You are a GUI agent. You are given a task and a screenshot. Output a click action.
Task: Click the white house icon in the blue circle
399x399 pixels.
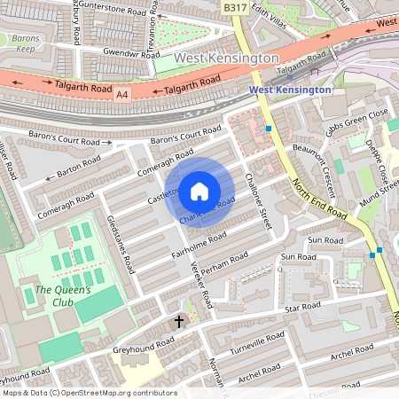point(199,191)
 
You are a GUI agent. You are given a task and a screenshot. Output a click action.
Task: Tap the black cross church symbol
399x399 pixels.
point(179,321)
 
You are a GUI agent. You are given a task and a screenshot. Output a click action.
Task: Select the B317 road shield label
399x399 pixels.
point(234,7)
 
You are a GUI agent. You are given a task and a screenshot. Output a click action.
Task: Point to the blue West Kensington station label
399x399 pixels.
point(289,90)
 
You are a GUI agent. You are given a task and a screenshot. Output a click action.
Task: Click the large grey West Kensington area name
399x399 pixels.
point(226,58)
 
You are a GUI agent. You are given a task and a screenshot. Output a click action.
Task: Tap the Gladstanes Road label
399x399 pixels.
point(121,245)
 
